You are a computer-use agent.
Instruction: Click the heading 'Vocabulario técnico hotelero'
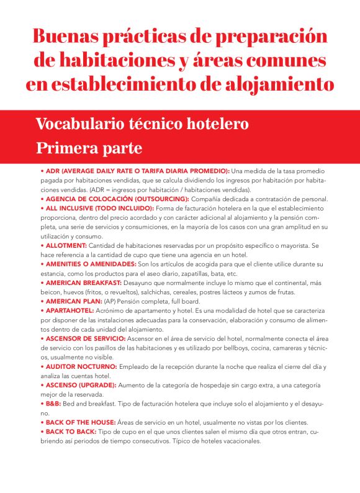point(142,124)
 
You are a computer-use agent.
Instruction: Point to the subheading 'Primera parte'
point(89,148)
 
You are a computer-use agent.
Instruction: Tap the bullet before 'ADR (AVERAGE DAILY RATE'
point(42,170)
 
